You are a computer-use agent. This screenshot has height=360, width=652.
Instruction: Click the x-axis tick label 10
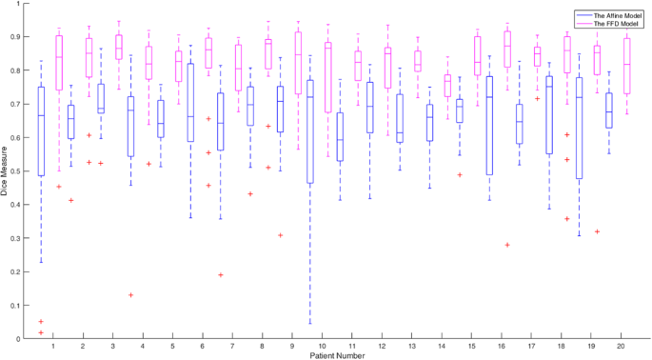tap(324, 348)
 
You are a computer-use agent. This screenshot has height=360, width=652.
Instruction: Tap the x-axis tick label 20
tap(622, 348)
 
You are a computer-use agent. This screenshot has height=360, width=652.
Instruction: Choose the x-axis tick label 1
tap(53, 348)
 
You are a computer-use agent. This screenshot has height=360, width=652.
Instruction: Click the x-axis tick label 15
tap(472, 348)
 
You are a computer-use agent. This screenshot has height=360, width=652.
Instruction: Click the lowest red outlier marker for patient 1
tap(41, 332)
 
